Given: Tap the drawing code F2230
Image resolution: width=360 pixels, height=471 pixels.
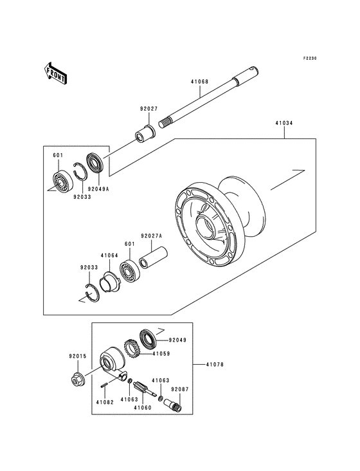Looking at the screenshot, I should pos(311,59).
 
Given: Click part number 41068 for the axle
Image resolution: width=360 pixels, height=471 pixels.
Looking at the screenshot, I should pos(199,82).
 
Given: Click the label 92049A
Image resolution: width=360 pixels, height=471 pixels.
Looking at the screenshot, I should pos(98,190).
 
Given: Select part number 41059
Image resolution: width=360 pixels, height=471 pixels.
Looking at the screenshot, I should pos(161,353).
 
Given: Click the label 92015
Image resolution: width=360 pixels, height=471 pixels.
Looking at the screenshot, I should pos(77,355).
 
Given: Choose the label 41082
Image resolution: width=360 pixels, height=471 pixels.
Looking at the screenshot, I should pos(104,402).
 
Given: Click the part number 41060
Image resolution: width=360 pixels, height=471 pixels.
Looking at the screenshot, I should pos(142,407).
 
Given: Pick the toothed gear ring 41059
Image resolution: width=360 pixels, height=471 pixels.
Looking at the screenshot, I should pos(132,350).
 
